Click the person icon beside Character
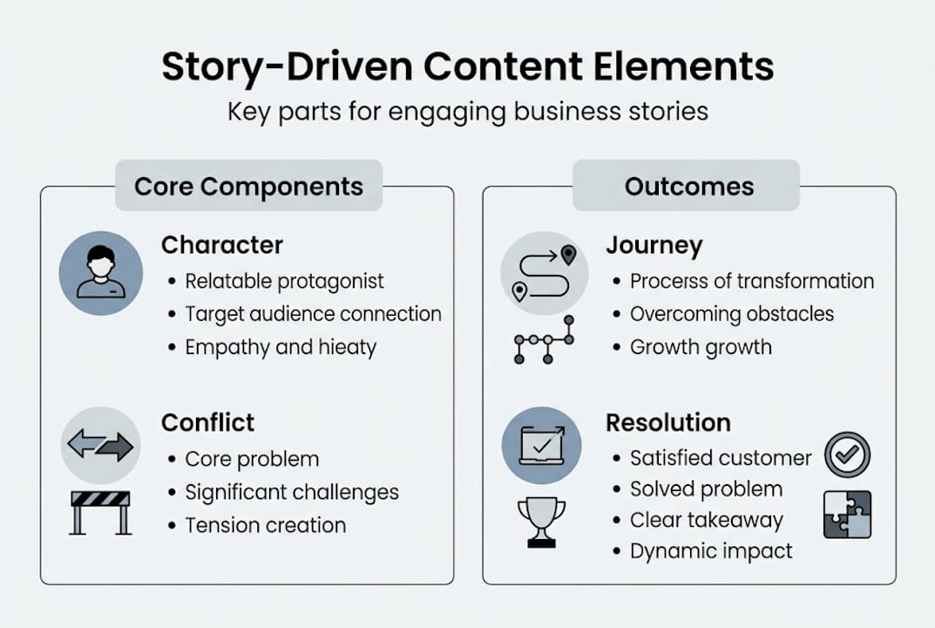100,273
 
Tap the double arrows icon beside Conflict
100,446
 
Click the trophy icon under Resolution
541,522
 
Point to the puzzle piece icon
847,514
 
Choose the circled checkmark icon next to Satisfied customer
847,454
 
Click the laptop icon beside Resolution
541,446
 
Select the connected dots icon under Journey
544,340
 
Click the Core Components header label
248,186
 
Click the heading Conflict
207,422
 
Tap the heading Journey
654,246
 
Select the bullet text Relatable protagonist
284,281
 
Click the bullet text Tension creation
265,525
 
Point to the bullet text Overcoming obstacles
731,314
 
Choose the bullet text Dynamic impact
711,551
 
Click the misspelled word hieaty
348,347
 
